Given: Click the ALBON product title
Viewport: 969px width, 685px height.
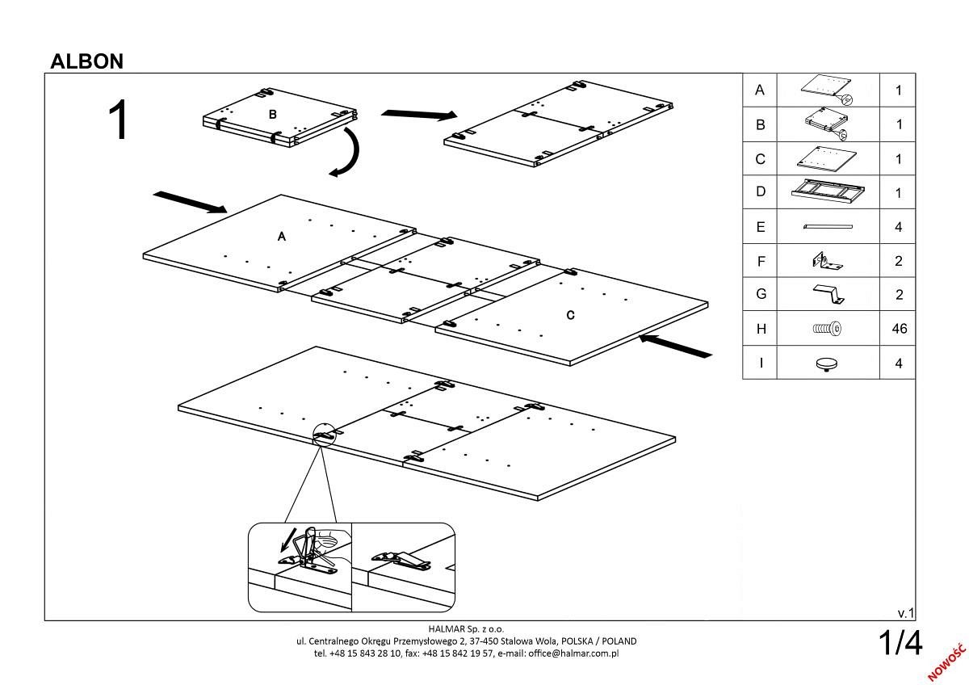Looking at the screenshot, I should [x=86, y=61].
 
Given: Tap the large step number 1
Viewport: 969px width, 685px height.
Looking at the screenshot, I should [x=118, y=122].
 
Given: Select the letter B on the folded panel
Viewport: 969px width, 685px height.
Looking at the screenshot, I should [x=273, y=115].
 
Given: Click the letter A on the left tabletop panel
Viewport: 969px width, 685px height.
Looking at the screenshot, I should [x=282, y=237].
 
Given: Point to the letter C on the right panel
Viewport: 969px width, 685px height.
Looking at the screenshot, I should [x=571, y=315].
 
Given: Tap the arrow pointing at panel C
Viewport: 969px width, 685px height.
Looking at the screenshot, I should [x=675, y=346].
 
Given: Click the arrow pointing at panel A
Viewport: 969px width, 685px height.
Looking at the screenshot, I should [x=190, y=203].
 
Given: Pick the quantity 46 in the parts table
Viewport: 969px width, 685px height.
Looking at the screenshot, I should [x=898, y=329].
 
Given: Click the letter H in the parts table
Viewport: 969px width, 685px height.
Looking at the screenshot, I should [x=760, y=329].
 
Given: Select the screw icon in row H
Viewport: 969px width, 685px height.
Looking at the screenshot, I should [x=827, y=329].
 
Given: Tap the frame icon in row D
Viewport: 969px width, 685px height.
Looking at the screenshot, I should [x=827, y=192].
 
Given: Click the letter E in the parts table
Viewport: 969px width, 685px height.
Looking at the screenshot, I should [x=760, y=227].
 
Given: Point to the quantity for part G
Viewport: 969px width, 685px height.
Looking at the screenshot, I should [x=898, y=295].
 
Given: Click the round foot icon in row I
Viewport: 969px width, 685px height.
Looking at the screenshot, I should [x=827, y=364].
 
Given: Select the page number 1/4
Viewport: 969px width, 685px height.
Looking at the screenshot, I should [x=900, y=644].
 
